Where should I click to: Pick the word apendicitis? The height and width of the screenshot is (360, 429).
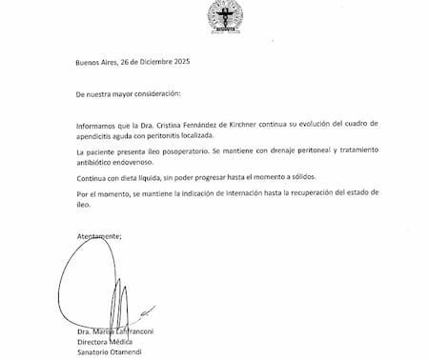[x=99, y=136]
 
